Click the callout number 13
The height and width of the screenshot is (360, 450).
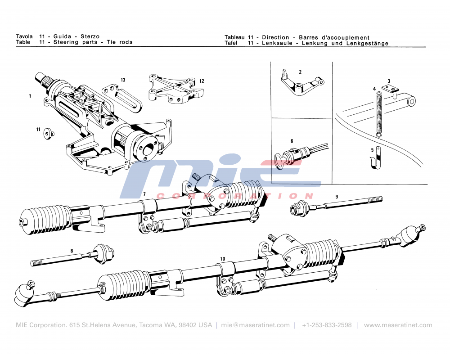[123, 80]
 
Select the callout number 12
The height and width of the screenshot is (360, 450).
[202, 81]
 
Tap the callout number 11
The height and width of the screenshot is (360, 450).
[38, 129]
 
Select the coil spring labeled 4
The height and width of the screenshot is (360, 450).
[378, 112]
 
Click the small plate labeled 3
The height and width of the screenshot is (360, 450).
[388, 89]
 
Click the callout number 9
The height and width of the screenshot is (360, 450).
[336, 196]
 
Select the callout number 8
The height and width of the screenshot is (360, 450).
[71, 251]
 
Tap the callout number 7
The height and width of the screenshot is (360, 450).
[144, 194]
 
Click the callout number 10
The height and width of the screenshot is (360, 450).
[222, 259]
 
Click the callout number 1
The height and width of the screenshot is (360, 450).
[30, 96]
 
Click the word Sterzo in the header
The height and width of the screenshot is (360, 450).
[90, 36]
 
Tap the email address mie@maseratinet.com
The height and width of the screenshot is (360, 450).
[256, 325]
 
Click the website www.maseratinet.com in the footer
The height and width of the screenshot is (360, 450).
[398, 325]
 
